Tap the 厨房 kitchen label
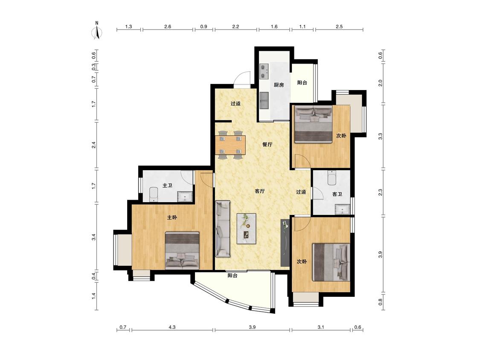[x=279, y=85]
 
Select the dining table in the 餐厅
[x=230, y=145]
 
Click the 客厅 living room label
[x=259, y=192]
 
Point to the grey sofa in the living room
[x=223, y=229]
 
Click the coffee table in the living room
[x=247, y=228]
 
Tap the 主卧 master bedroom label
[x=172, y=218]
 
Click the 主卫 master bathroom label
[x=167, y=186]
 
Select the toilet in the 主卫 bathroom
[x=153, y=195]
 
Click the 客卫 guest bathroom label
[x=337, y=194]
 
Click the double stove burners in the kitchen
[x=264, y=71]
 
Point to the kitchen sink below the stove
[x=264, y=100]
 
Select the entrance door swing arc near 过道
[x=242, y=78]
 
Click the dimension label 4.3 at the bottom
[x=172, y=327]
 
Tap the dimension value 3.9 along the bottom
[x=252, y=327]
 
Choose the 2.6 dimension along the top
[x=167, y=26]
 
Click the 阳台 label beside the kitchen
[x=302, y=83]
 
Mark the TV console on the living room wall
[x=285, y=242]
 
